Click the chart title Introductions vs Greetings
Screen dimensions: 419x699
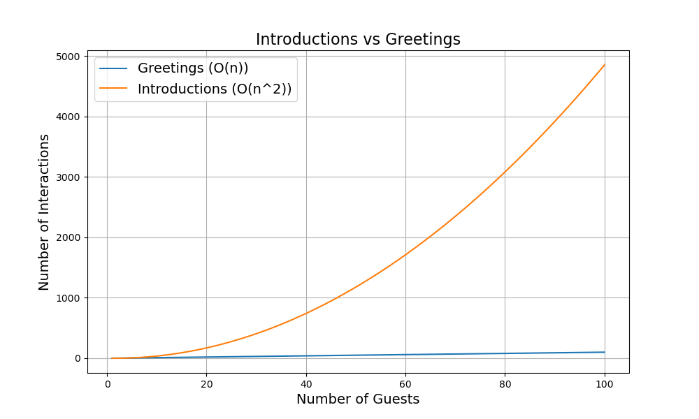(x=358, y=40)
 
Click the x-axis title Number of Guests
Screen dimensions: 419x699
(x=358, y=399)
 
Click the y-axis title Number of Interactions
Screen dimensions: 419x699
(x=45, y=212)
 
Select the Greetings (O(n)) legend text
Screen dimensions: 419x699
(x=193, y=68)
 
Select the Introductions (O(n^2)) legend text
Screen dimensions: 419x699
(x=215, y=89)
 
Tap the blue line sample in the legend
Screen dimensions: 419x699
(x=113, y=68)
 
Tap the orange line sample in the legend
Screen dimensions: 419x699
(x=113, y=89)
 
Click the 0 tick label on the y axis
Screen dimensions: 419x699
(x=78, y=359)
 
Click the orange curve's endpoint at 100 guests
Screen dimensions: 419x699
(x=605, y=65)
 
